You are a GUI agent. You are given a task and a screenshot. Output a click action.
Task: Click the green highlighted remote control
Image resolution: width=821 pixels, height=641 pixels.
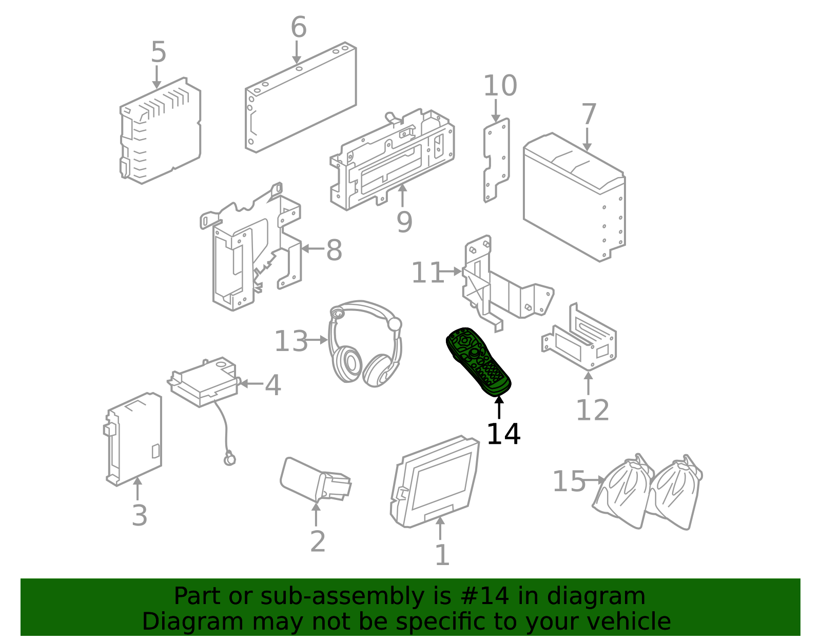coord(478,362)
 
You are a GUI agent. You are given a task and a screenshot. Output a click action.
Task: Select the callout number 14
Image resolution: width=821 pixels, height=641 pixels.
coord(504,434)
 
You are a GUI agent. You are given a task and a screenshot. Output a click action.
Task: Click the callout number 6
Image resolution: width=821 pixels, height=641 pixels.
coord(299,27)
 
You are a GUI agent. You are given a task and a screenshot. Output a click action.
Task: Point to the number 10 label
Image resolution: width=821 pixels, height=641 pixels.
coord(500,86)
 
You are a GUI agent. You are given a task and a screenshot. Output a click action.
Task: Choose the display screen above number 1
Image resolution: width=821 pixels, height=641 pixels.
coord(435,481)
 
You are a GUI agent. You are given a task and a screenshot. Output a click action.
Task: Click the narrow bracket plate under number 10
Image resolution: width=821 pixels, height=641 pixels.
coord(497,160)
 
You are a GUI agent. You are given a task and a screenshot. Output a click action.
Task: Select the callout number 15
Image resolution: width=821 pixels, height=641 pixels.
coord(569,481)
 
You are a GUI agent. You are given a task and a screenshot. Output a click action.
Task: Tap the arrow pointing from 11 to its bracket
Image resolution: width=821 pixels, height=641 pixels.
coord(450,271)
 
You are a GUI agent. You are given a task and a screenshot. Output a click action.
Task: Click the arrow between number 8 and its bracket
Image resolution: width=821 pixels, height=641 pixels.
coord(313,248)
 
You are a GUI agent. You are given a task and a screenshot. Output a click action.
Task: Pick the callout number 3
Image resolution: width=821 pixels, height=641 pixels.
coord(140,515)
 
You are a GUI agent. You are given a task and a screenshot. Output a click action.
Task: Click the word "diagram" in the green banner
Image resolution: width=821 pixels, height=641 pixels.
coord(596,596)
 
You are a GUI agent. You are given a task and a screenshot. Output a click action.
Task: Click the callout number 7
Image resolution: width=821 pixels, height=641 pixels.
coord(589,114)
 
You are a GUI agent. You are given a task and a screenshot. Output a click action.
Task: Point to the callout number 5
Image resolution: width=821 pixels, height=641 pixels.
coord(159,52)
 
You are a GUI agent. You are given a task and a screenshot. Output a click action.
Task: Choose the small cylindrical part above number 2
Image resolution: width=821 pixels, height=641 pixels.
coord(316,480)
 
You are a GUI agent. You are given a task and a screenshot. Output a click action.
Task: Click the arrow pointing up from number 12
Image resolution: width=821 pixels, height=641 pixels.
coord(588,383)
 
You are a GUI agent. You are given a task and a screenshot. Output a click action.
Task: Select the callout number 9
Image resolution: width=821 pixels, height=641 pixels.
coord(404,222)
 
